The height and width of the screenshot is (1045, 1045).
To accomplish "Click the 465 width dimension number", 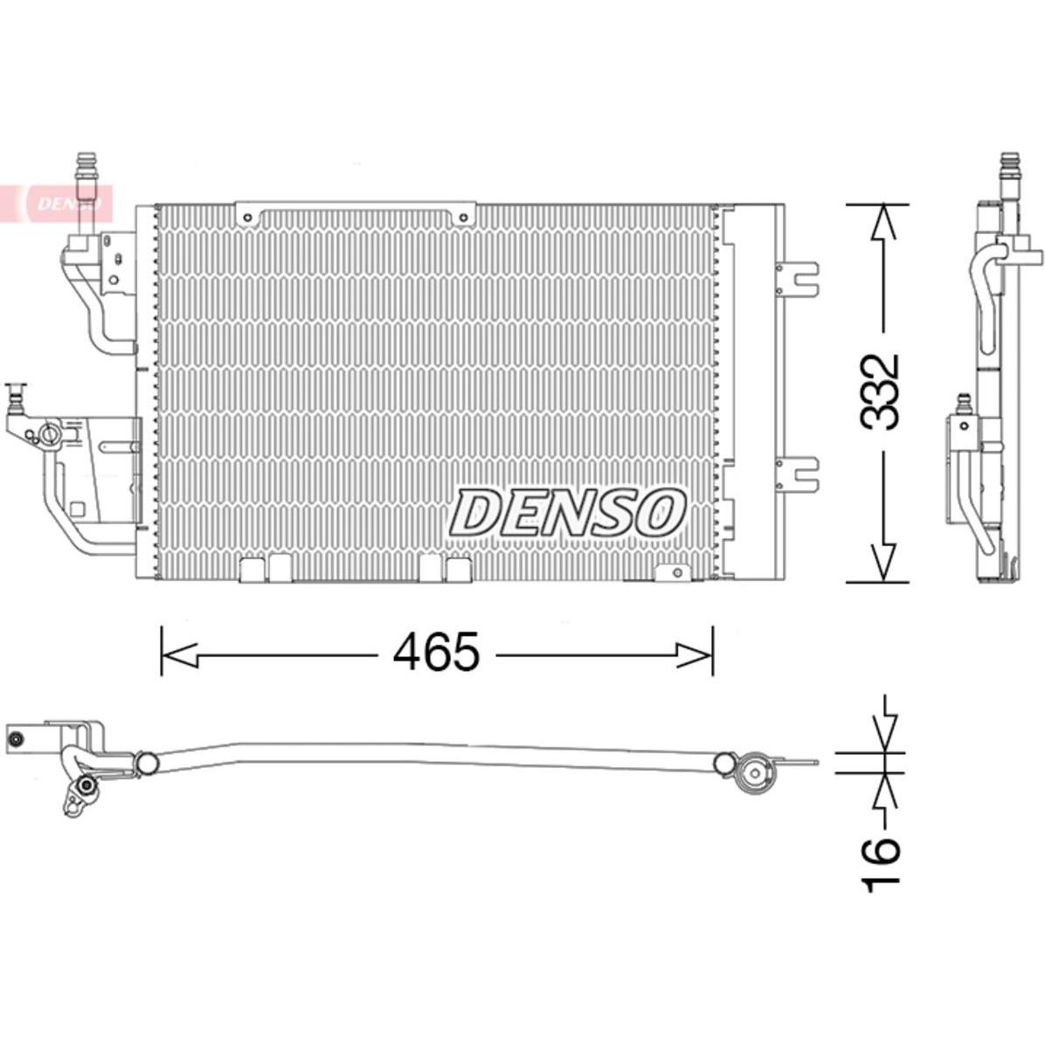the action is (436, 651).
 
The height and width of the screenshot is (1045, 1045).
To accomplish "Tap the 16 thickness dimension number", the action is (881, 864).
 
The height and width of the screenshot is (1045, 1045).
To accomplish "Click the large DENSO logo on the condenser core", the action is (567, 513).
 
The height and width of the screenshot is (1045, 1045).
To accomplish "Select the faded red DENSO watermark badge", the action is (57, 203).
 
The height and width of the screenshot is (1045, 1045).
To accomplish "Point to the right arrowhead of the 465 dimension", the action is (695, 655).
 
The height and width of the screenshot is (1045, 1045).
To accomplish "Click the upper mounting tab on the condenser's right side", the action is (799, 277).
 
